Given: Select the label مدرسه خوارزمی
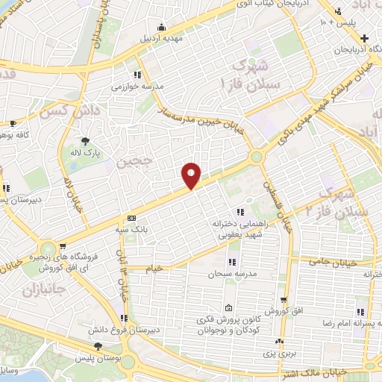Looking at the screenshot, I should click(x=137, y=87).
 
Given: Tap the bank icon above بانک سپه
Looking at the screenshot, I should click(x=131, y=218).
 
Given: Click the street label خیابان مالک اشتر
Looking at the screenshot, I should click(x=319, y=370).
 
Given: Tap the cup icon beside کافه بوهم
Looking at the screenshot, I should click(x=12, y=124).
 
